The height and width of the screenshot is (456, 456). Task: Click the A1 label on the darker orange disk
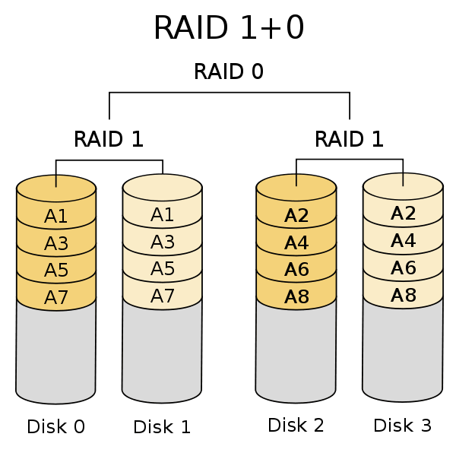(x=56, y=217)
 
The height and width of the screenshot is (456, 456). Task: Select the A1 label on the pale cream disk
(x=163, y=215)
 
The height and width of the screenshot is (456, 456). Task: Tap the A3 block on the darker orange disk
(x=56, y=244)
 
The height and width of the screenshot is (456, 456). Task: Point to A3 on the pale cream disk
(x=163, y=242)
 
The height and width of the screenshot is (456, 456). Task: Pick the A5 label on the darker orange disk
(x=56, y=271)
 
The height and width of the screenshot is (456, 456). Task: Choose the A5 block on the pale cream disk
(x=163, y=269)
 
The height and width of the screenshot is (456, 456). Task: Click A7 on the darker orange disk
(x=56, y=298)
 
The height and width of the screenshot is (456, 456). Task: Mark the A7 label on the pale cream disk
(x=163, y=296)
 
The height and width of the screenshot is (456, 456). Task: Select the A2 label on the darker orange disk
(x=296, y=216)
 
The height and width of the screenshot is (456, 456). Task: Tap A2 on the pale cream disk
(x=403, y=214)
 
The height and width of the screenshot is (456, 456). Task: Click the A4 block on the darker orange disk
(x=296, y=243)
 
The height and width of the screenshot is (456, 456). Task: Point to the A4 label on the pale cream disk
(x=403, y=241)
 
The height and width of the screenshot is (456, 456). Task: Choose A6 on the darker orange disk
(x=296, y=270)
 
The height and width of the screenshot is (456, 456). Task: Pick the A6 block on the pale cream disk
(x=403, y=268)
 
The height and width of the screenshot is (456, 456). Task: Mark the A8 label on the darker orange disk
(x=296, y=297)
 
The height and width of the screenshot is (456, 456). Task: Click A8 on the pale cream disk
(x=403, y=296)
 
